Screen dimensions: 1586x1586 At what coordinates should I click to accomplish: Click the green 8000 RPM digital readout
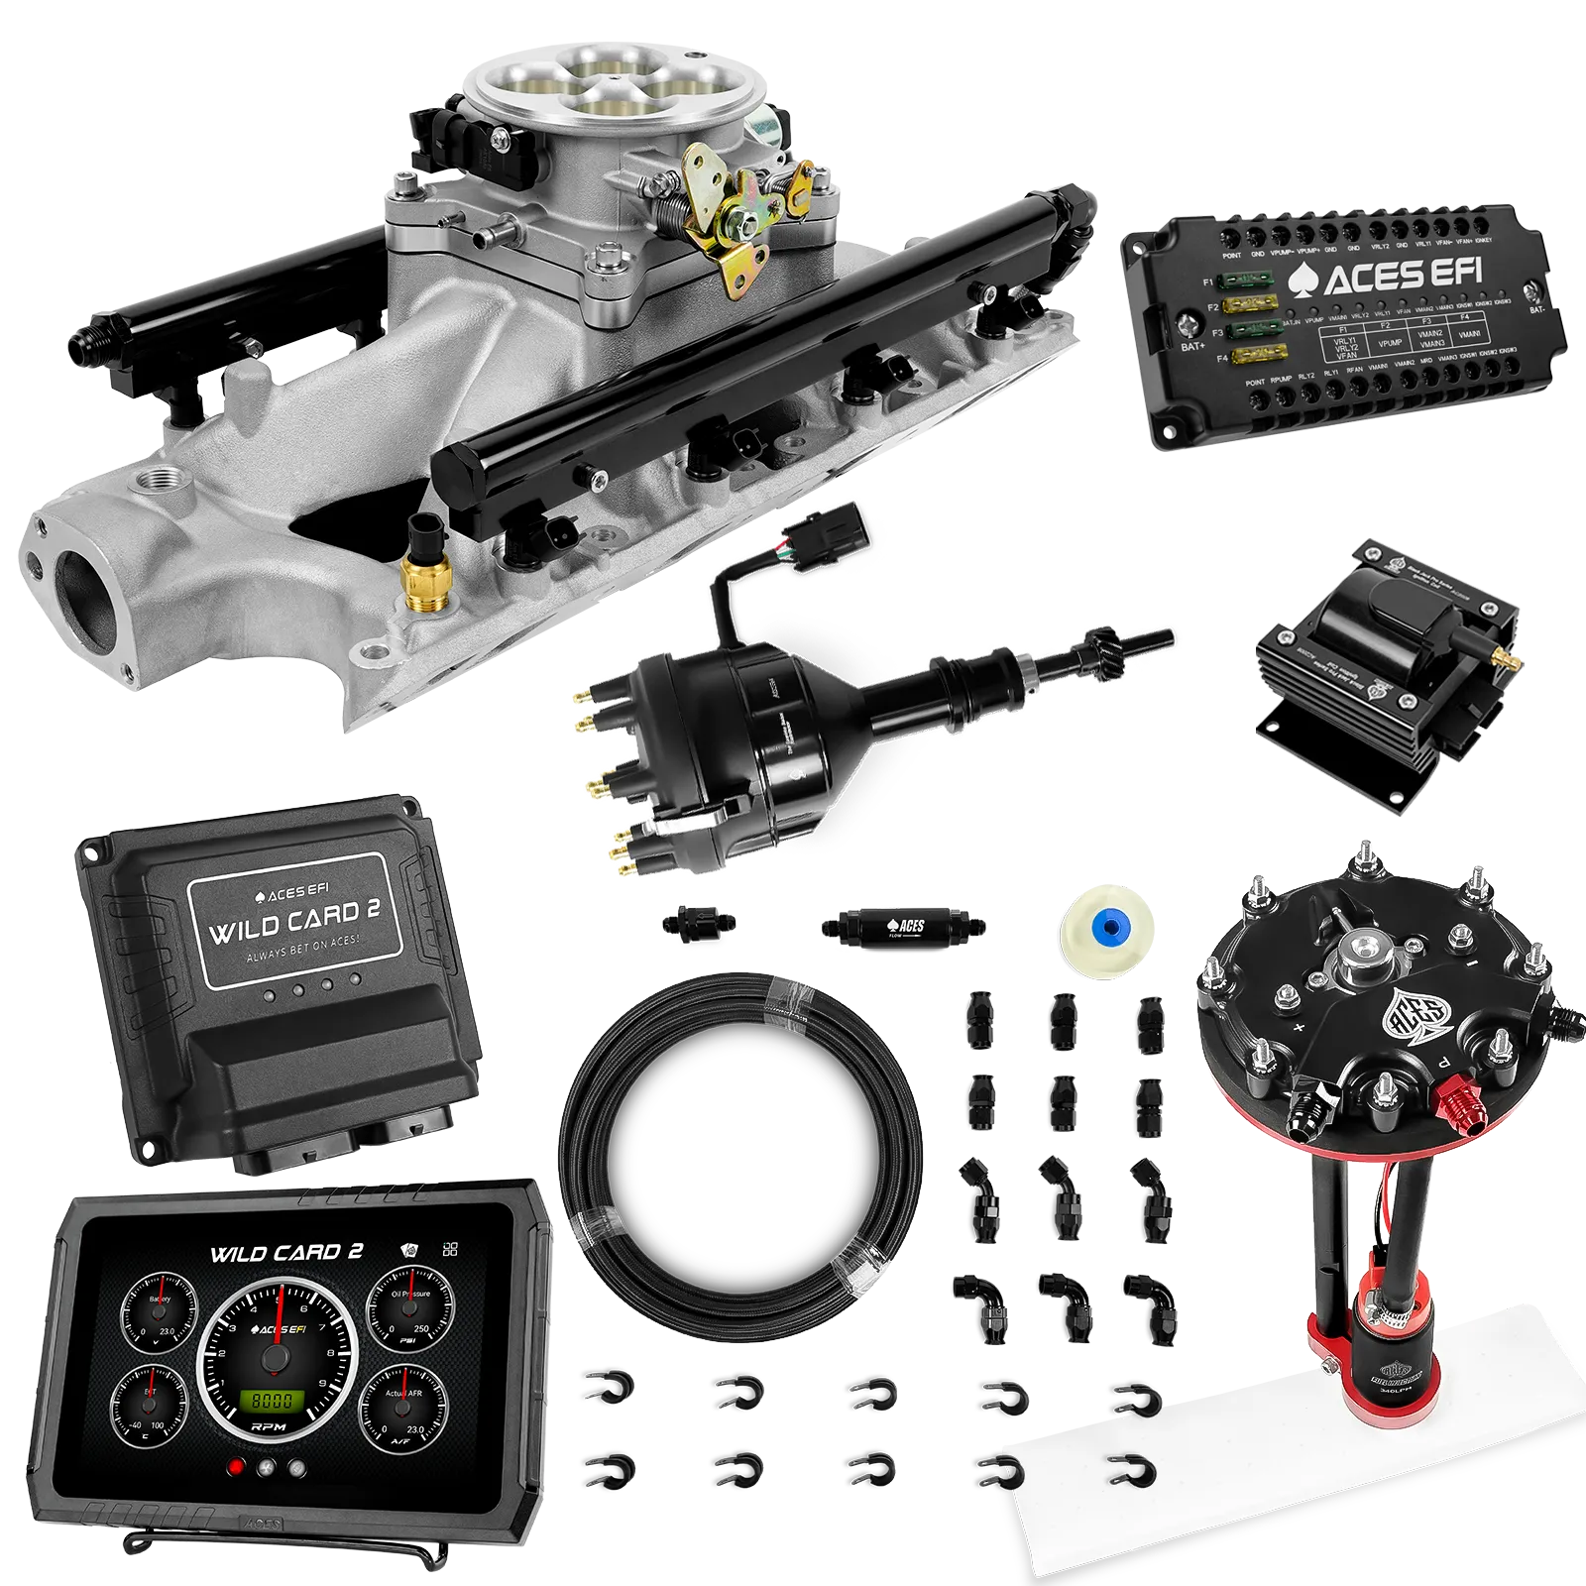click(271, 1400)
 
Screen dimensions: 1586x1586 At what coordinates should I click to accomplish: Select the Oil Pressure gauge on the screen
click(410, 1311)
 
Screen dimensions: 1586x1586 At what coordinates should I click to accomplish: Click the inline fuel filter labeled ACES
click(901, 927)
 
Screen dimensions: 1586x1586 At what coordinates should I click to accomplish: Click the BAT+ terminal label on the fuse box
click(1191, 347)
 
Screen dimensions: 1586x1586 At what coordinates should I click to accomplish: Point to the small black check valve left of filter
click(698, 922)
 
